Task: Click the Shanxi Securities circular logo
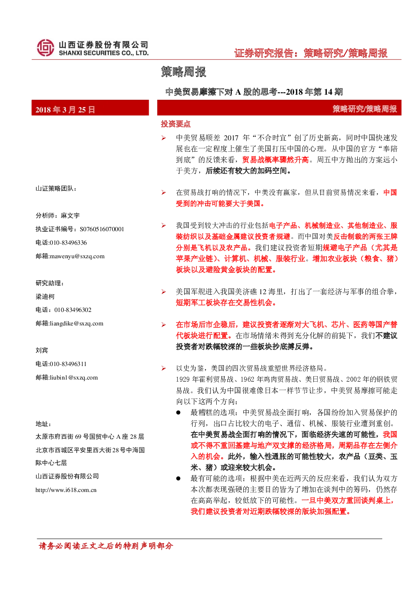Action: tap(45, 48)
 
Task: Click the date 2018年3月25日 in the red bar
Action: tap(65, 109)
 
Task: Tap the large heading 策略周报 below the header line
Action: tap(184, 72)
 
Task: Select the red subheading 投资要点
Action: tap(176, 124)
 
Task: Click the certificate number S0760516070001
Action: tap(102, 229)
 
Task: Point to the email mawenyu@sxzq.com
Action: tap(77, 256)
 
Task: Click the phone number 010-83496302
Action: tap(73, 310)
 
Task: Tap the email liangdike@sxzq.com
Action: tap(76, 323)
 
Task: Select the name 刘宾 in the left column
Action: tap(42, 350)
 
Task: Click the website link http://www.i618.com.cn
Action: tap(66, 490)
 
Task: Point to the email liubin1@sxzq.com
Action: tap(74, 377)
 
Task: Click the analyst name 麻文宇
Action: tap(70, 216)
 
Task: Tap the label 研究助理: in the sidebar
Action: tap(49, 283)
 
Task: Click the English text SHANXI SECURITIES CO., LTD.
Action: tap(103, 53)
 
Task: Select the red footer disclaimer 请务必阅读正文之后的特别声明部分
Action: tap(106, 546)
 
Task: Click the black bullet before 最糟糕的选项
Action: tap(178, 413)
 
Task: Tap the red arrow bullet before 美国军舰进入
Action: tap(164, 292)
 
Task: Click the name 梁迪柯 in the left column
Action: tap(45, 297)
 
